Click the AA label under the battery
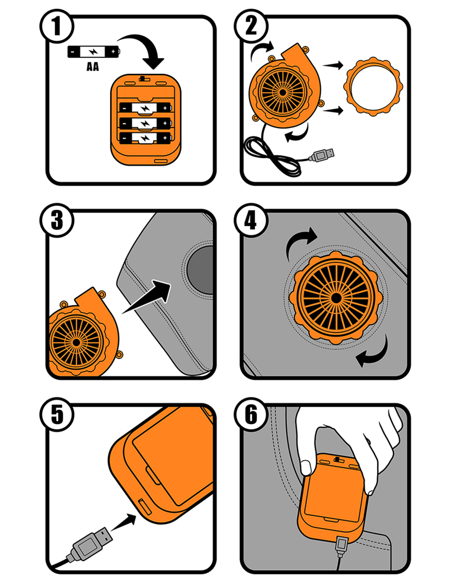(93, 67)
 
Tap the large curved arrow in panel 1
(145, 49)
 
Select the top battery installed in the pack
(145, 108)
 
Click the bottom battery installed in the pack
(145, 138)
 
